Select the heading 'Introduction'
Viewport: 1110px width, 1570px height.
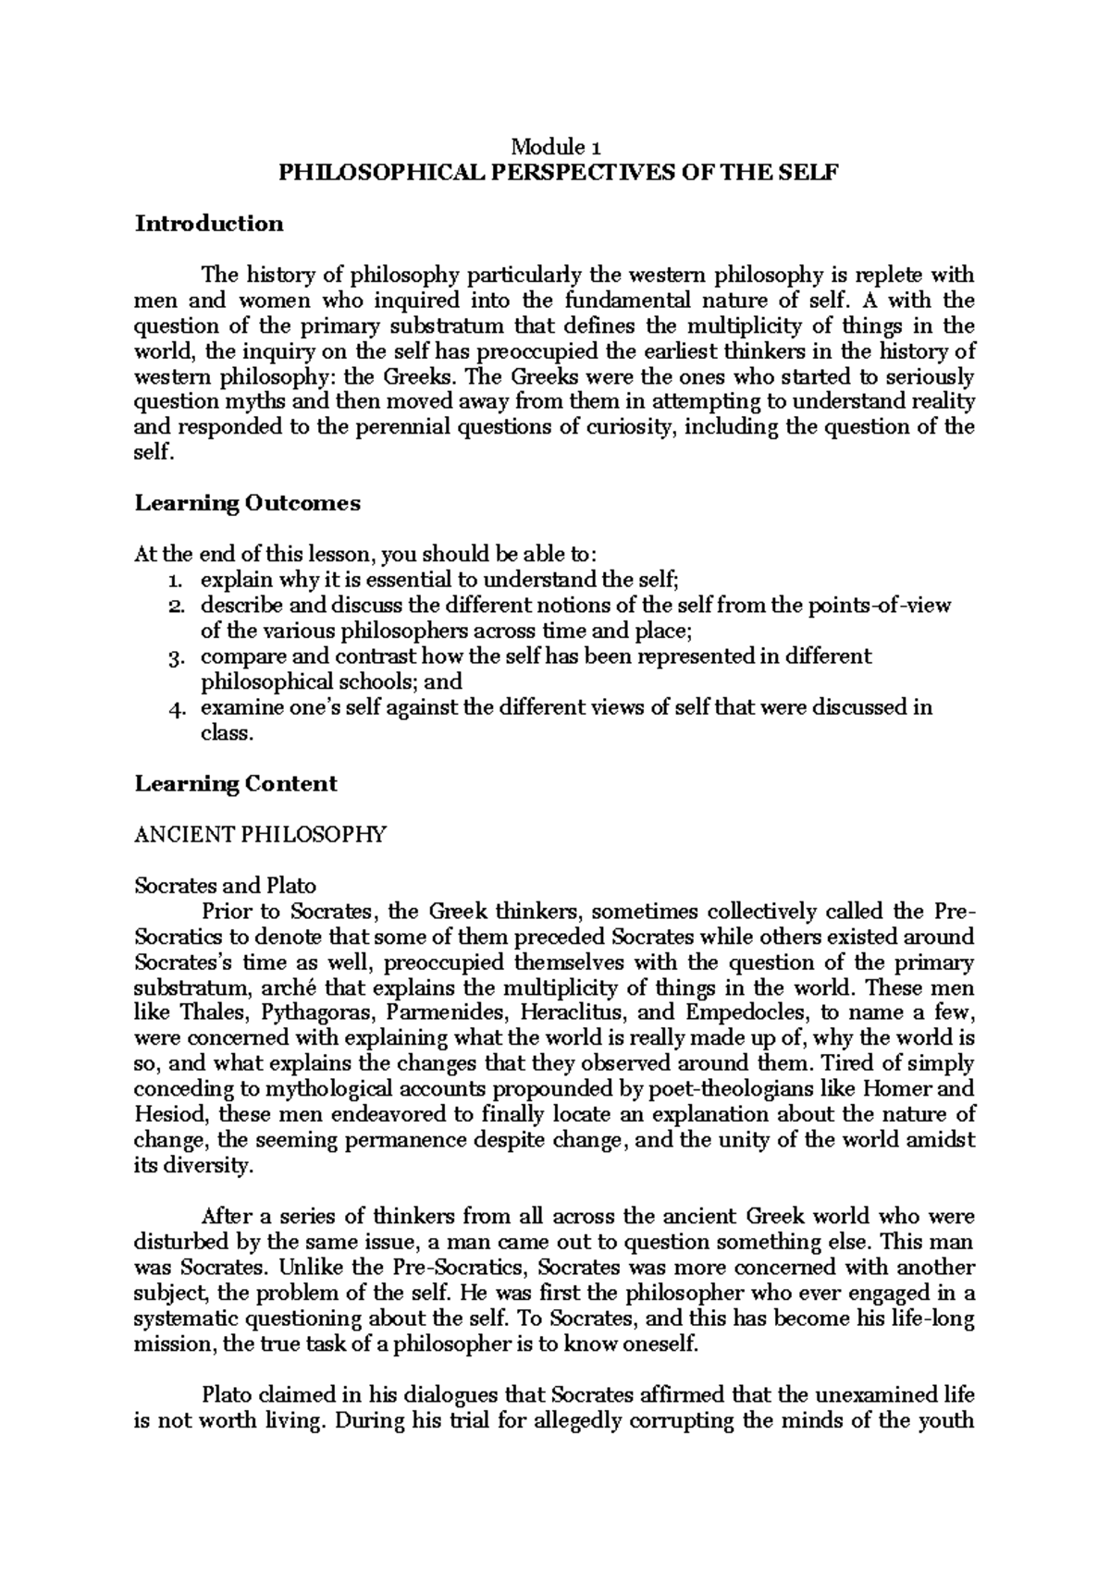click(x=209, y=223)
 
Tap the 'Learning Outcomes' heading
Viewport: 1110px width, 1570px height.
click(x=247, y=503)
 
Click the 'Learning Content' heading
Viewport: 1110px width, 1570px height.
click(x=236, y=784)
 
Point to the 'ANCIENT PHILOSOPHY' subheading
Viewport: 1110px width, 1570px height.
click(x=260, y=835)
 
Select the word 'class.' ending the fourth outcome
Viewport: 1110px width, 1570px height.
click(x=227, y=733)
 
